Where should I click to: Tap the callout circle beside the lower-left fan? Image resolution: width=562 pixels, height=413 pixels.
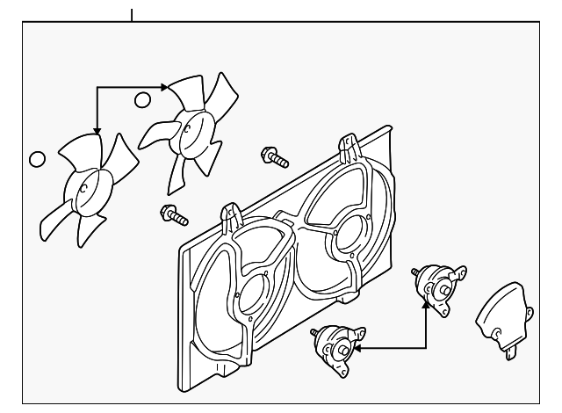36,160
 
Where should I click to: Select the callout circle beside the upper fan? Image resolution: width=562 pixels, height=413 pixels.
142,99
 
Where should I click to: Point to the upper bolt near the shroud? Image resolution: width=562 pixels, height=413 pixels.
275,158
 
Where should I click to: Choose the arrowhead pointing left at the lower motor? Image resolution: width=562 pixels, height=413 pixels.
359,348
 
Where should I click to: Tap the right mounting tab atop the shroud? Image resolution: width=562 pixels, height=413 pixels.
348,144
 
